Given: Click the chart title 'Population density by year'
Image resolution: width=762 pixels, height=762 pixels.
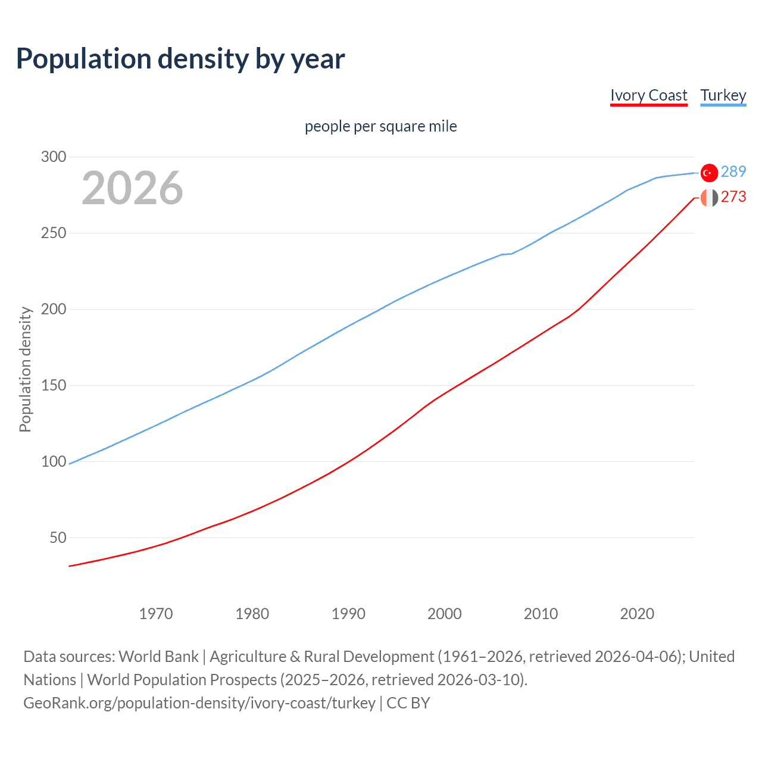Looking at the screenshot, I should (x=180, y=59).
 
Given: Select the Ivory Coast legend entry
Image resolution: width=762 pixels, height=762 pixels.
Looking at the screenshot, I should (x=648, y=96).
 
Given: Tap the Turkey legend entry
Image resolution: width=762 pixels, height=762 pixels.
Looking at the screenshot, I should (x=723, y=96).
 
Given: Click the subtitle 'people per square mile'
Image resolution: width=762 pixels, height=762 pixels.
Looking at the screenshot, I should (x=380, y=127).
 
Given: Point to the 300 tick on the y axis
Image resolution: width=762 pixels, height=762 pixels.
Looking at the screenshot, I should (x=54, y=157).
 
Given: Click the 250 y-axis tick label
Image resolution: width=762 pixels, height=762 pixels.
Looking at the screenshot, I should (x=54, y=233).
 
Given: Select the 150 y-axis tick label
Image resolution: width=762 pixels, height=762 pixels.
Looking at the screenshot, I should (x=54, y=386).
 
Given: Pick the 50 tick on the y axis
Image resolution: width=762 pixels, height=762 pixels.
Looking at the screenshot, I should (x=58, y=538).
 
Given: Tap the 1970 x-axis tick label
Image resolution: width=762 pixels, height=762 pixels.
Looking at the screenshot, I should (x=156, y=614).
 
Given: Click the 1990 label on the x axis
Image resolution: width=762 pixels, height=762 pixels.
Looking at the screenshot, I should (x=348, y=614).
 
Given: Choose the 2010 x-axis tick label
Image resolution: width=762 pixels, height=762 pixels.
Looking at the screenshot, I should (x=541, y=614).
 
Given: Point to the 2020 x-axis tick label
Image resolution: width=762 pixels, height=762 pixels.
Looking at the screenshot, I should (x=637, y=614).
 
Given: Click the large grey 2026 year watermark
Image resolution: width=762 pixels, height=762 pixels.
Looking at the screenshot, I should (x=132, y=188).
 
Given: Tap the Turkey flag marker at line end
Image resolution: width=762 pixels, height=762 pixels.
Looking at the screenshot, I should (x=709, y=173).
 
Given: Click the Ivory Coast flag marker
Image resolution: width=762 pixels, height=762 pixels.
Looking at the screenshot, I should (x=709, y=198).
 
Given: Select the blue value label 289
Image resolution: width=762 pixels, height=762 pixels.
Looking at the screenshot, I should (x=733, y=172).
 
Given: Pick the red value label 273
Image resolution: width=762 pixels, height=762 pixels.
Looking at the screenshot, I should (x=733, y=197).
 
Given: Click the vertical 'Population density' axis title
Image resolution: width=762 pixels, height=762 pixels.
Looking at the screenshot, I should (x=25, y=369).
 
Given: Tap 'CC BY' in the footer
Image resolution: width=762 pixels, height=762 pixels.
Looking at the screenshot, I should (x=408, y=703).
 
